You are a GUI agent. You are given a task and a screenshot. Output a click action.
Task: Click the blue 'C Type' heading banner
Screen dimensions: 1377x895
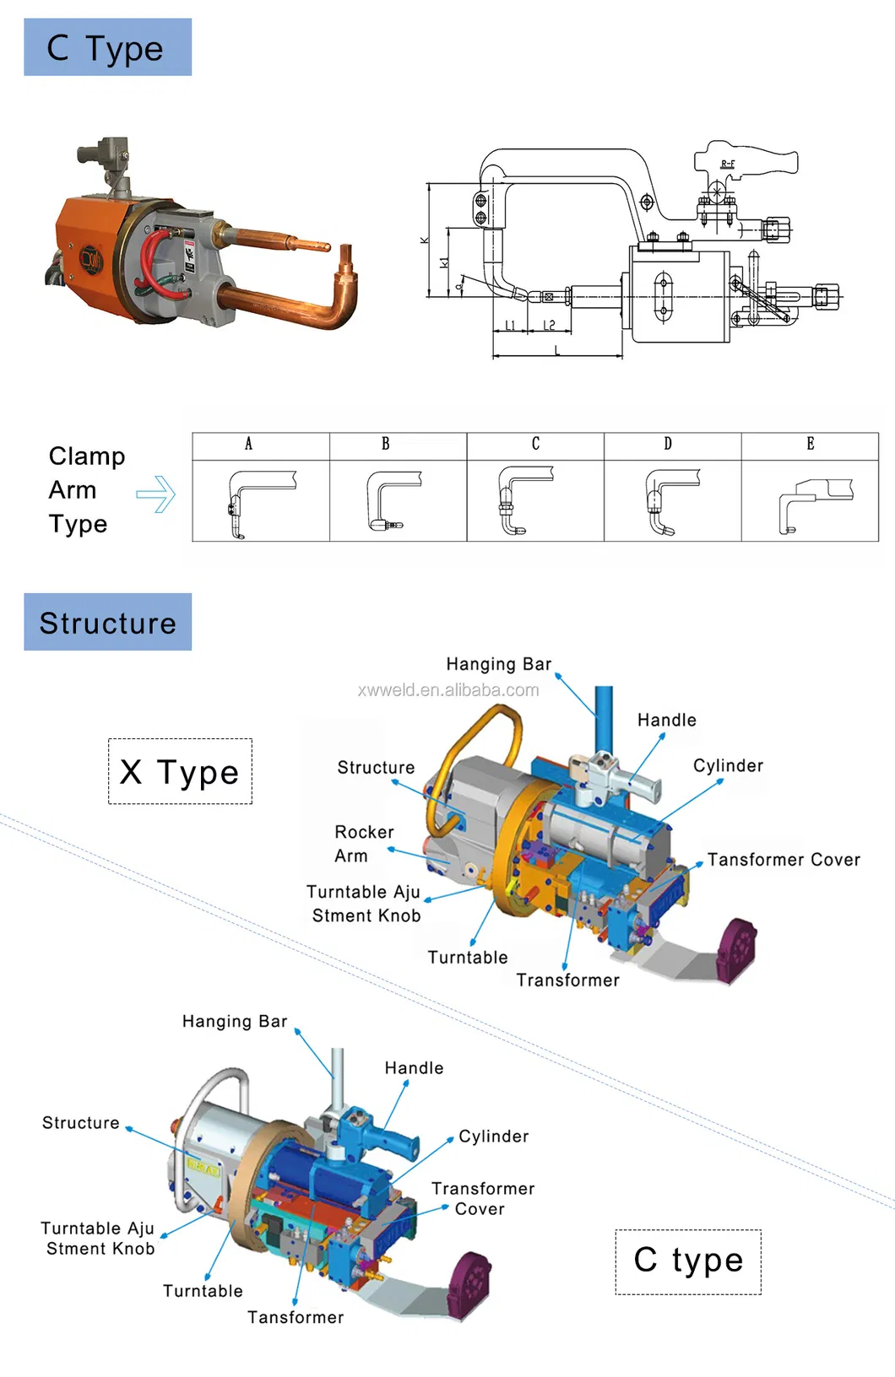(x=107, y=47)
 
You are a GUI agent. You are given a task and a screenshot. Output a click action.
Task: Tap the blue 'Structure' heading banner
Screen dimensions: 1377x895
(x=107, y=622)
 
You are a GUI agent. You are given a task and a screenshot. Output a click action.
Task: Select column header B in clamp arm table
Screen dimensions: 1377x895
(x=385, y=444)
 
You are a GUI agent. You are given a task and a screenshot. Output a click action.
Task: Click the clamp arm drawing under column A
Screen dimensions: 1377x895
(x=257, y=502)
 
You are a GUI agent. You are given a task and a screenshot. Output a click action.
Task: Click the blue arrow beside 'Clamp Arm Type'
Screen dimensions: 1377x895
(x=156, y=494)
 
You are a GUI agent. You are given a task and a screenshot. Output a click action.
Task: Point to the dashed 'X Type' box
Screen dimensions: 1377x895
(x=180, y=771)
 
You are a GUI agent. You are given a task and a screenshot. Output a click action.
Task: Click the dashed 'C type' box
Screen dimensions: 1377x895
(x=688, y=1261)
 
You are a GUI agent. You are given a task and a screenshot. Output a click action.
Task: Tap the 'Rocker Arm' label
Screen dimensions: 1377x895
(x=363, y=844)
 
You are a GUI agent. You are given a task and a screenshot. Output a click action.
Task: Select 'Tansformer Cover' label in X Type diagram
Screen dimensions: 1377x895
(x=784, y=860)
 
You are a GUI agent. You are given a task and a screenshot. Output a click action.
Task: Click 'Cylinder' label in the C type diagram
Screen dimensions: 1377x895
(x=494, y=1137)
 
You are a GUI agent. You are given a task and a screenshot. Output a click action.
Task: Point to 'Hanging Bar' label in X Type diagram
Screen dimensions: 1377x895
(x=498, y=664)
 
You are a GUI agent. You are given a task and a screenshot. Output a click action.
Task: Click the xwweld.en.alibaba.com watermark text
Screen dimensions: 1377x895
(x=448, y=690)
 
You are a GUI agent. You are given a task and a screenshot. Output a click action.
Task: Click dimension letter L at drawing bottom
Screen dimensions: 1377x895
(x=557, y=350)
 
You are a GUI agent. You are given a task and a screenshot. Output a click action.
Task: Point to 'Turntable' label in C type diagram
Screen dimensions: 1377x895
(x=203, y=1291)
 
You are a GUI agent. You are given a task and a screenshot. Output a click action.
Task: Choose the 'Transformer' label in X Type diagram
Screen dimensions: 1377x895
(x=567, y=980)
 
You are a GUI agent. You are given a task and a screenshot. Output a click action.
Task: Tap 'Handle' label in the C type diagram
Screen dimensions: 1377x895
(x=414, y=1068)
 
